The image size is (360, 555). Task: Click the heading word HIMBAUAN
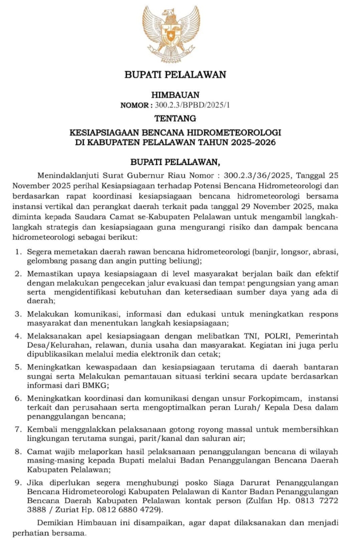(175, 94)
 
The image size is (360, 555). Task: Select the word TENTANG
(175, 118)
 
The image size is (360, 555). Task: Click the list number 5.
(17, 367)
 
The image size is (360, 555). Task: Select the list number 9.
(17, 484)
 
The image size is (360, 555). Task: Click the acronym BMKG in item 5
(112, 385)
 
